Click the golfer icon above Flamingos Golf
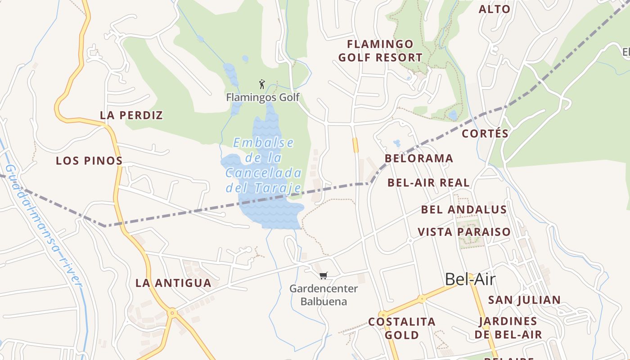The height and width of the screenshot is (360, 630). (262, 84)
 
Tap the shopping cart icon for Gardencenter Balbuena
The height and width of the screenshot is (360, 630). (323, 275)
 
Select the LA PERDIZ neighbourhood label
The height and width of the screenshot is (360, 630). (131, 115)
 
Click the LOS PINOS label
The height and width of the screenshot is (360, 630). (89, 161)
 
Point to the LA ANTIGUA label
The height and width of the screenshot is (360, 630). (173, 283)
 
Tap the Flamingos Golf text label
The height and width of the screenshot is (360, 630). (263, 97)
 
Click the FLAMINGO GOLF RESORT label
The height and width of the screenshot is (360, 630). (380, 51)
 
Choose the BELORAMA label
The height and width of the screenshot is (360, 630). (418, 158)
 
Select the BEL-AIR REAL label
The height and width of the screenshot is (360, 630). (428, 183)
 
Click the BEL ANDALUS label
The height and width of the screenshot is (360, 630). (464, 210)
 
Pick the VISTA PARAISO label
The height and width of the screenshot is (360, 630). (464, 232)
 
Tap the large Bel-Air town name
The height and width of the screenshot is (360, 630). (470, 279)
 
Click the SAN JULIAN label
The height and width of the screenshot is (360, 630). (525, 300)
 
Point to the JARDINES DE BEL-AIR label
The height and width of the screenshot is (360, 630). (508, 328)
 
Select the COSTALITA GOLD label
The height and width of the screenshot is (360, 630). (402, 328)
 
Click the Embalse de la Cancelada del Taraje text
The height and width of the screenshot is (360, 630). (263, 165)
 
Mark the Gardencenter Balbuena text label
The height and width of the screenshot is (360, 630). (324, 295)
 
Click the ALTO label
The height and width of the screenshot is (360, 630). (495, 9)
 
